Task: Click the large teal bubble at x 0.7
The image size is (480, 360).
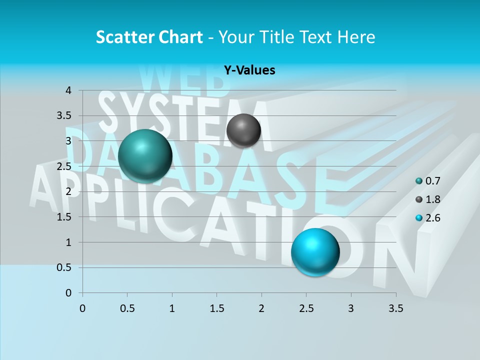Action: point(145,156)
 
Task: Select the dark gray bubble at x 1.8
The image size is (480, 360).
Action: point(243,130)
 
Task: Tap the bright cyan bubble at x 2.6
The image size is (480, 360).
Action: point(315,252)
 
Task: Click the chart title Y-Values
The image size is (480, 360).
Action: point(249,70)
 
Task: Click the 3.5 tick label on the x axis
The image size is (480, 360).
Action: point(395,308)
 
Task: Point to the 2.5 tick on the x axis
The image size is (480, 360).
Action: point(306,308)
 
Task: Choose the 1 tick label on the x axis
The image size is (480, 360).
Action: point(172,308)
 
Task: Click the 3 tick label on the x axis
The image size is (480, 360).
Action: point(350,308)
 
